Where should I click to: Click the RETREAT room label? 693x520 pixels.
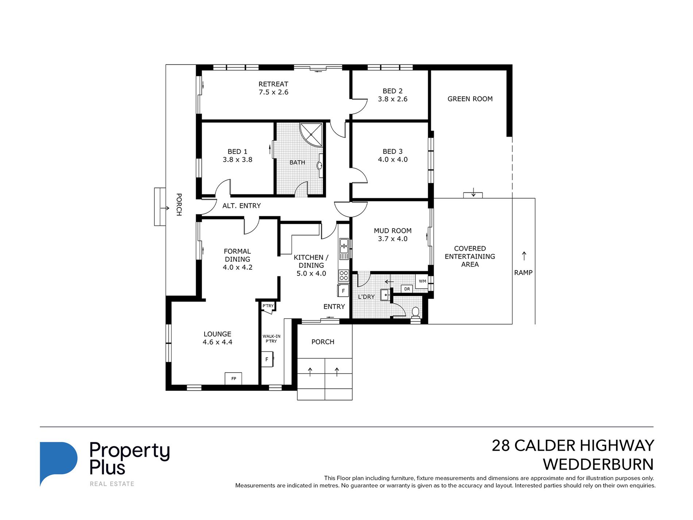273,84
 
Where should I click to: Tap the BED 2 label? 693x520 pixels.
392,91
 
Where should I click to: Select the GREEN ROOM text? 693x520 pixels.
470,99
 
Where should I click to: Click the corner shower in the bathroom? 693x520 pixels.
311,135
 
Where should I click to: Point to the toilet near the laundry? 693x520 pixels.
415,313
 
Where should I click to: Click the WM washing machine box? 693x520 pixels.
422,281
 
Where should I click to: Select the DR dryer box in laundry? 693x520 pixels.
407,289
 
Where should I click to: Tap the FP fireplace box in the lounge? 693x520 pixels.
233,378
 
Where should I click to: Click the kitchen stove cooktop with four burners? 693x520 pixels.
344,275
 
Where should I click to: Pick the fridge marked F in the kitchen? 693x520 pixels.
343,291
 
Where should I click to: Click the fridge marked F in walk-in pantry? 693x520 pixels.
267,359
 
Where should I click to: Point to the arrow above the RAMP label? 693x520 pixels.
524,256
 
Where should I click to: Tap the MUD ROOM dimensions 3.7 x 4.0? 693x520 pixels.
392,239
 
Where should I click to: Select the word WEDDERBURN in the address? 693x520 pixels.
598,465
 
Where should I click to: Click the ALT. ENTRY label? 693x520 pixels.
241,206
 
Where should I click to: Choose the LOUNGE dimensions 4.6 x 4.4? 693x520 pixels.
217,342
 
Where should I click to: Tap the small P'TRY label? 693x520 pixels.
268,306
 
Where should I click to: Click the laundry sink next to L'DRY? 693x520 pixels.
385,294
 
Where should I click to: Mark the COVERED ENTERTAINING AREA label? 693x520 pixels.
470,257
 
